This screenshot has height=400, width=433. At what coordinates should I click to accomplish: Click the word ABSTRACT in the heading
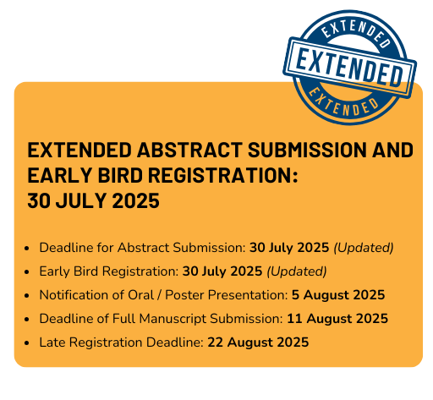pos(189,150)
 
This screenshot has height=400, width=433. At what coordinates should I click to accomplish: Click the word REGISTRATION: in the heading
pos(223,175)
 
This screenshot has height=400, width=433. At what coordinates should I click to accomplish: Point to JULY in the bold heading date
pos(81,200)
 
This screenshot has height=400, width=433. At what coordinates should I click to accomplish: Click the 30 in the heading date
pos(39,200)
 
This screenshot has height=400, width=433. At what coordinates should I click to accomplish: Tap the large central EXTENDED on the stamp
pos(349,68)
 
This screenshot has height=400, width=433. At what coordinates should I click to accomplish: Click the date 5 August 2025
pos(338,295)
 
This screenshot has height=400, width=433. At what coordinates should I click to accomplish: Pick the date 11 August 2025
pos(337,319)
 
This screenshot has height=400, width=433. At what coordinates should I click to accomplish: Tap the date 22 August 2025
pos(258,342)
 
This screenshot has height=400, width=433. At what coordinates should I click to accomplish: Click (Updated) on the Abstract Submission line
pos(364,248)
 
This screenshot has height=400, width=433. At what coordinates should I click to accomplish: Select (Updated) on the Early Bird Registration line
pos(297,271)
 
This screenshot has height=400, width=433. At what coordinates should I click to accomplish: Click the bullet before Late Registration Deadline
pos(27,343)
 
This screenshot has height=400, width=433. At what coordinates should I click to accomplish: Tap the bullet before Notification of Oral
pos(27,296)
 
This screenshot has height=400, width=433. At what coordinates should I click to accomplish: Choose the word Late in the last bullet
pos(52,342)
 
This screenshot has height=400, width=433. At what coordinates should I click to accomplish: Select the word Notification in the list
pos(74,295)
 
